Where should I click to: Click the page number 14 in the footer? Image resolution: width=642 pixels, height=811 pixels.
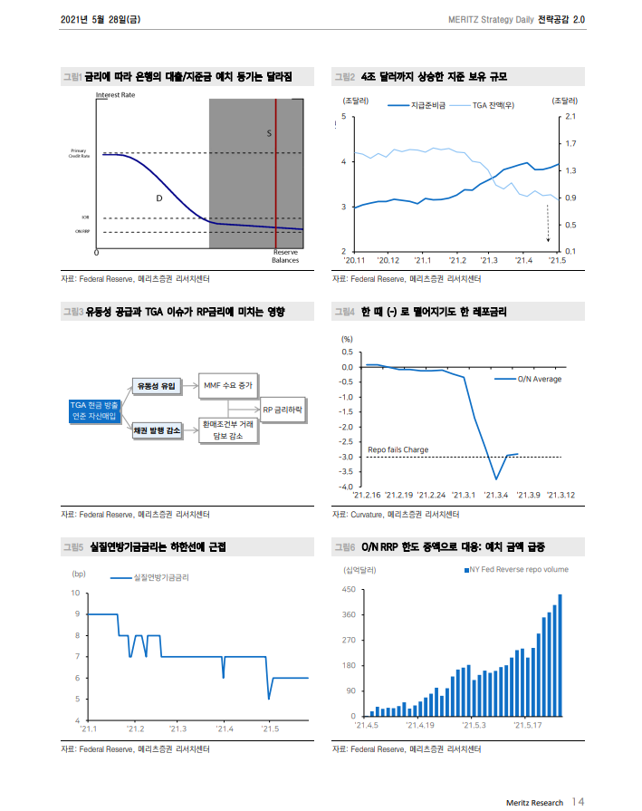(578, 802)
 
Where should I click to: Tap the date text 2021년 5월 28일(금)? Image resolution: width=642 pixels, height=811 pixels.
(101, 18)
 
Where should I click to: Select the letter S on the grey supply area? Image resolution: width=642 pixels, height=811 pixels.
(269, 133)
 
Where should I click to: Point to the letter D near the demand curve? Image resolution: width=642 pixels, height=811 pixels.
(158, 197)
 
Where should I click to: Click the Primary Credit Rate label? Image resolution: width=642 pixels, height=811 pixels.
(79, 153)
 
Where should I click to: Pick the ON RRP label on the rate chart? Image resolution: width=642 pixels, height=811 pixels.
(81, 232)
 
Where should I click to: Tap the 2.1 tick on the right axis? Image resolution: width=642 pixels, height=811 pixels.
(570, 117)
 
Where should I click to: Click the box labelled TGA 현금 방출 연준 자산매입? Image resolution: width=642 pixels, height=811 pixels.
(93, 410)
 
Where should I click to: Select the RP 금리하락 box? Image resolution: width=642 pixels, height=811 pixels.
(284, 410)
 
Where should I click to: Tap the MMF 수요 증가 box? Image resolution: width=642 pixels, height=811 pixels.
(227, 386)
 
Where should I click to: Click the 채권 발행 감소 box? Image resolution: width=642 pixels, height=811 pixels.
(156, 433)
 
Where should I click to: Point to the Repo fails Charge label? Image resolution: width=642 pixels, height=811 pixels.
(398, 449)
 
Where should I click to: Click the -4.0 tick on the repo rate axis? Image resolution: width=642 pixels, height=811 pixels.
(345, 487)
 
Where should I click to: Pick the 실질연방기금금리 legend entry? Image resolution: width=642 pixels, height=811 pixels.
(161, 576)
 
